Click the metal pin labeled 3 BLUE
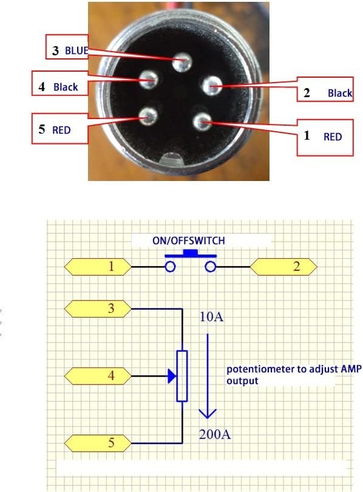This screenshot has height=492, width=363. (x=182, y=62)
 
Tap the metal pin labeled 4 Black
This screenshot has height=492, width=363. (x=149, y=80)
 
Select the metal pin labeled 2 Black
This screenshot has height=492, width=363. (x=211, y=86)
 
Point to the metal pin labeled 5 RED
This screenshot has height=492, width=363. (x=148, y=116)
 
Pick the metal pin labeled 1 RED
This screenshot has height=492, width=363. (x=202, y=121)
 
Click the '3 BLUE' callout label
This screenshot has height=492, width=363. (x=67, y=47)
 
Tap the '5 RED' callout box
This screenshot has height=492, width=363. (x=59, y=129)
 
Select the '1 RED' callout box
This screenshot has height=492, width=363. (x=325, y=137)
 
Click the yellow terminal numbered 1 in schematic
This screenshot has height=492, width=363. (x=98, y=267)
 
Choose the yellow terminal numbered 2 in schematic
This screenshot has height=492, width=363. (x=283, y=267)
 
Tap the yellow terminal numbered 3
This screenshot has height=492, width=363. (x=98, y=309)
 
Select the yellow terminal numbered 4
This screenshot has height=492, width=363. (x=98, y=376)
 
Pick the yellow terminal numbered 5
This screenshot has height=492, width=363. (x=98, y=443)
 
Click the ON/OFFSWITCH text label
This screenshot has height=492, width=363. (x=189, y=241)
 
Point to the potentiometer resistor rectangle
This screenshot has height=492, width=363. (x=182, y=376)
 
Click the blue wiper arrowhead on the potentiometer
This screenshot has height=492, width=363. (x=172, y=376)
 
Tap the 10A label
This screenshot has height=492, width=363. (x=212, y=317)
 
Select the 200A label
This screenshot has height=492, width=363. (x=215, y=434)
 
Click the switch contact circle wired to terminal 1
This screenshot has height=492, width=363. (x=170, y=267)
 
